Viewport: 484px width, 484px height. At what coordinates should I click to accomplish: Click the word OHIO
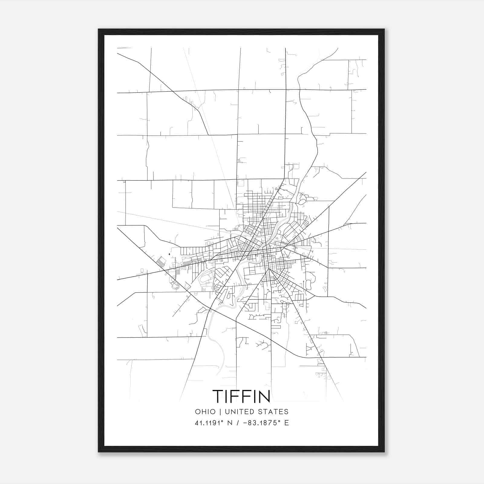(x=205, y=412)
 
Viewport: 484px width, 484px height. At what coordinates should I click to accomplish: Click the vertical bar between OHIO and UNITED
(x=220, y=412)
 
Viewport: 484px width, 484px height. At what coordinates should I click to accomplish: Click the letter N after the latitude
(x=230, y=423)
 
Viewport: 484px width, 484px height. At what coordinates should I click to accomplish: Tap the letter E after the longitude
(x=286, y=423)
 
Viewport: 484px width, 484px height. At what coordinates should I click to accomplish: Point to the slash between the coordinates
(x=239, y=423)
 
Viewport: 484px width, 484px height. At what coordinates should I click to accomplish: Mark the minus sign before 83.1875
(x=245, y=423)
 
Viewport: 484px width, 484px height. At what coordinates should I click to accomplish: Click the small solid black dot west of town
(x=169, y=254)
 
